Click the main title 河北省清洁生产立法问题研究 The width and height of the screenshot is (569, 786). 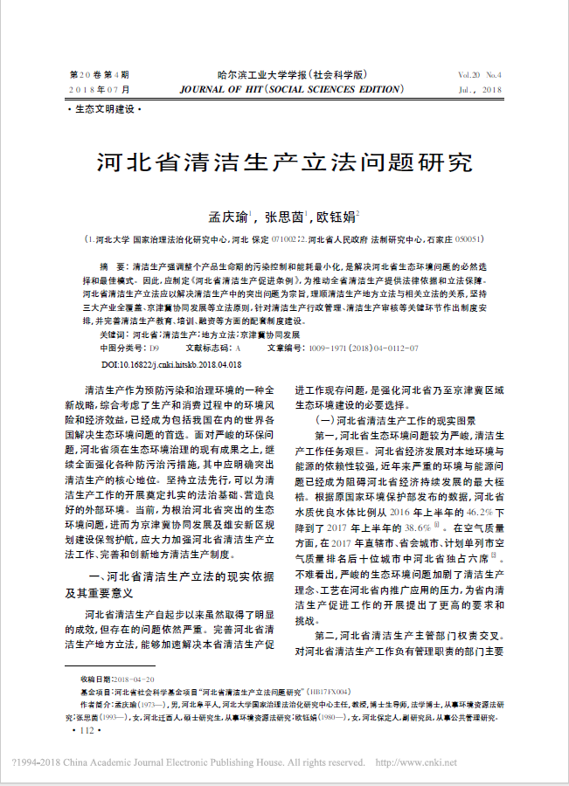click(283, 163)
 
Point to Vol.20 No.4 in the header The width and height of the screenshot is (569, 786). click(478, 76)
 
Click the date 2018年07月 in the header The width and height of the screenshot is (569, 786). click(100, 90)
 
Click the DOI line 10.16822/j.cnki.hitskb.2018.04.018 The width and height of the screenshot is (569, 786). click(171, 363)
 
